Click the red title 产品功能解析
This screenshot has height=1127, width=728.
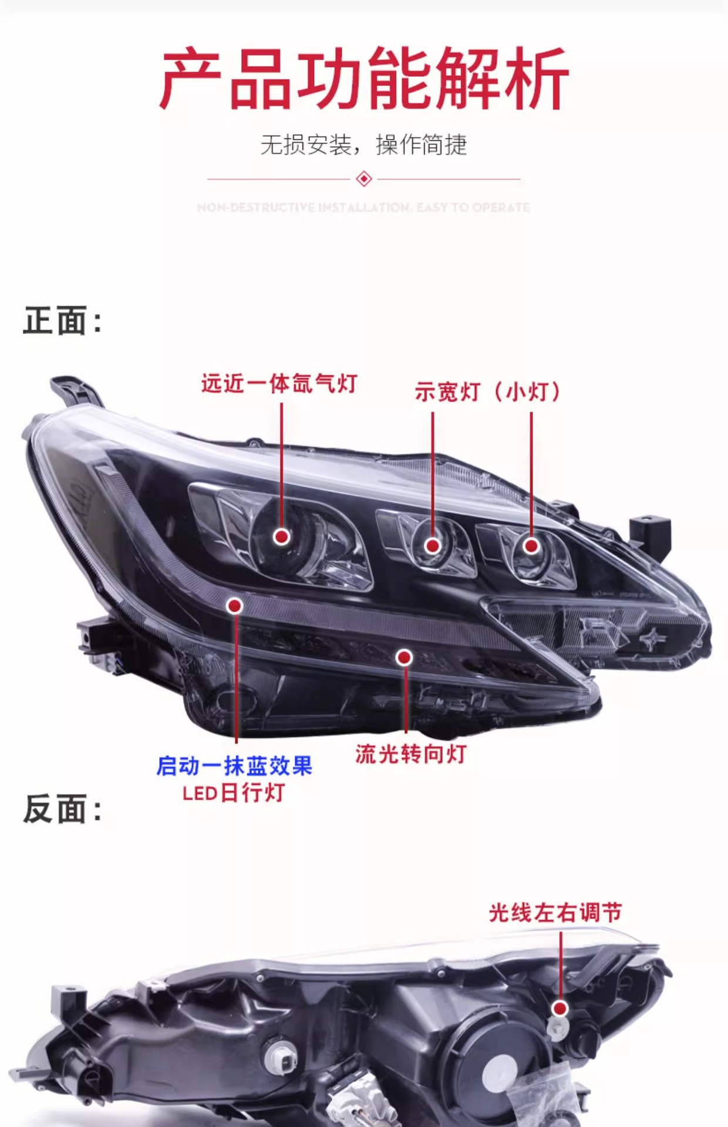pos(363,79)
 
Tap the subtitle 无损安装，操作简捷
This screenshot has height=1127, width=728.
pos(363,145)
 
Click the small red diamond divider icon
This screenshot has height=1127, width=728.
pos(364,178)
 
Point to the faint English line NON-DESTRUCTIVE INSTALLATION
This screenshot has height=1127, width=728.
pos(363,207)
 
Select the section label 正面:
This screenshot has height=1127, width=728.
pos(62,320)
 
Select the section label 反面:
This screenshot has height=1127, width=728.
pos(62,809)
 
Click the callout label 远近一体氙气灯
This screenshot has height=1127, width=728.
pos(279,384)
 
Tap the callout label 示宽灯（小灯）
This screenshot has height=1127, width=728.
pos(488,392)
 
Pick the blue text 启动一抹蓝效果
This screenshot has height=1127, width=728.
pos(234,766)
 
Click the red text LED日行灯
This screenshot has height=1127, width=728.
pos(234,793)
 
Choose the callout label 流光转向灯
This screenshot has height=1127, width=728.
pos(410,754)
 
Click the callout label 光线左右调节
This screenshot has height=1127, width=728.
pos(555,913)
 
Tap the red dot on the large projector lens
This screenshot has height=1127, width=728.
pos(282,536)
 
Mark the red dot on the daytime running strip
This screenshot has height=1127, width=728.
pos(235,606)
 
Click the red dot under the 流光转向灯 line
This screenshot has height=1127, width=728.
pos(404,657)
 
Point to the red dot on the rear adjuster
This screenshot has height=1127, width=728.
pos(561,1008)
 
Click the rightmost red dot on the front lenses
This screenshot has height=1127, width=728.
pos(531,546)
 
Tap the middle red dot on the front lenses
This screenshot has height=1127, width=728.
pos(433,546)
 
